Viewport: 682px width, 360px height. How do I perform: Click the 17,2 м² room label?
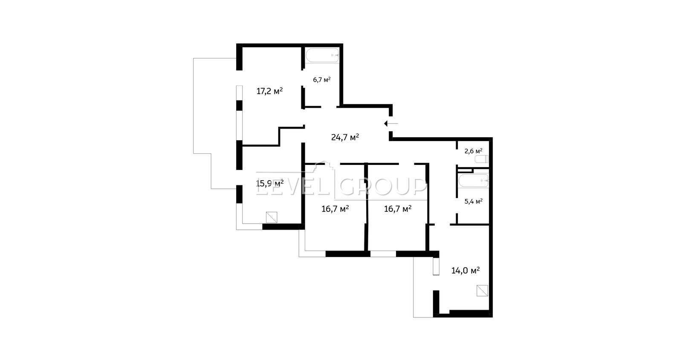(270, 91)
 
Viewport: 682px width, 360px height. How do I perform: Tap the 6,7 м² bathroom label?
(322, 80)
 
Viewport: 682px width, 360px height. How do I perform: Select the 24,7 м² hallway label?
(345, 137)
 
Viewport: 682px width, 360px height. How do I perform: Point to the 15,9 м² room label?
(270, 183)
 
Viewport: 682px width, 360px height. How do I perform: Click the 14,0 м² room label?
(465, 270)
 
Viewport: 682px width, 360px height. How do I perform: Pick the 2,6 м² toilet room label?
(474, 151)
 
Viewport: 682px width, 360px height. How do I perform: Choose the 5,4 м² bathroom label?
(474, 201)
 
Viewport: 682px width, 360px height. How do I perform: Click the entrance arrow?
(391, 124)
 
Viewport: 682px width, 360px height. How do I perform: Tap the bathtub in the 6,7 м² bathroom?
(322, 55)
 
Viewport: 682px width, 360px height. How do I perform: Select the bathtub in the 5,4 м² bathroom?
(474, 181)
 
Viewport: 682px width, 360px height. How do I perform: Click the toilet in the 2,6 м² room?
(482, 159)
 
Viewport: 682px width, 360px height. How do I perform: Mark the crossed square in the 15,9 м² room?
(272, 217)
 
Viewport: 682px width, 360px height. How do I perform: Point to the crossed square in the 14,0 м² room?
(482, 291)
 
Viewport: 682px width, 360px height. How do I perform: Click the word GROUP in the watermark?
(383, 187)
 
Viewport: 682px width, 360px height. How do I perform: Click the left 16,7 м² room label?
(335, 209)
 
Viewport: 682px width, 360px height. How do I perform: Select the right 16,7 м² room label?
(398, 209)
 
